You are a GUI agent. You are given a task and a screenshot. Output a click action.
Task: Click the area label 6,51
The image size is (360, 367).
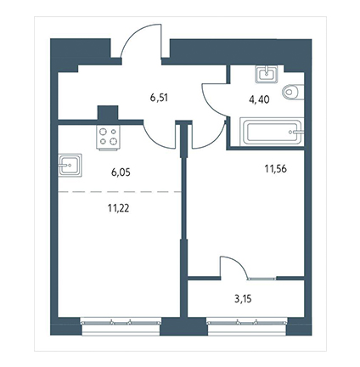159,98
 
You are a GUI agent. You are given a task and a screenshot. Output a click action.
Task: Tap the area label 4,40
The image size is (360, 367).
259,99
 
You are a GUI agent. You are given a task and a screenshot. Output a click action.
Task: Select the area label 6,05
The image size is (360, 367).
121,172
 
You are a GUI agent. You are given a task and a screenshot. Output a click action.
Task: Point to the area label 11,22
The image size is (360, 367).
118,208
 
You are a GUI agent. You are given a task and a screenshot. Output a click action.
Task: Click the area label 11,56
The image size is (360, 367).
276,169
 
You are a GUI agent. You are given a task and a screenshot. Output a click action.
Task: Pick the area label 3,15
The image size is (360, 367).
243,299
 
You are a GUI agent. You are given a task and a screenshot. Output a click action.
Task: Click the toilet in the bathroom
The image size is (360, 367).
293,92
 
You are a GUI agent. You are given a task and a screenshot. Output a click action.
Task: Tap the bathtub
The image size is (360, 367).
272,132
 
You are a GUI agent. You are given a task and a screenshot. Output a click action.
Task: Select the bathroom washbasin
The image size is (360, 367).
266,74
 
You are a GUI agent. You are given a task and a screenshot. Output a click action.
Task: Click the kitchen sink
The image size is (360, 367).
70,166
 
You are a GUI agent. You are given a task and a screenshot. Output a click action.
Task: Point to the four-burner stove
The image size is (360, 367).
108,137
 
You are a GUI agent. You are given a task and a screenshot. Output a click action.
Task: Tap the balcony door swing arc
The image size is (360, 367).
239,263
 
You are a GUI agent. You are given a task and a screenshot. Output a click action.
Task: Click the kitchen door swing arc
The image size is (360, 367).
155,138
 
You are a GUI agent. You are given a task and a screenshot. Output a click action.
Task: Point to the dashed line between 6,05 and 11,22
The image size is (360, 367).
120,192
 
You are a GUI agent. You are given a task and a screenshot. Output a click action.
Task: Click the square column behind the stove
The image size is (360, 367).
108,112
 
